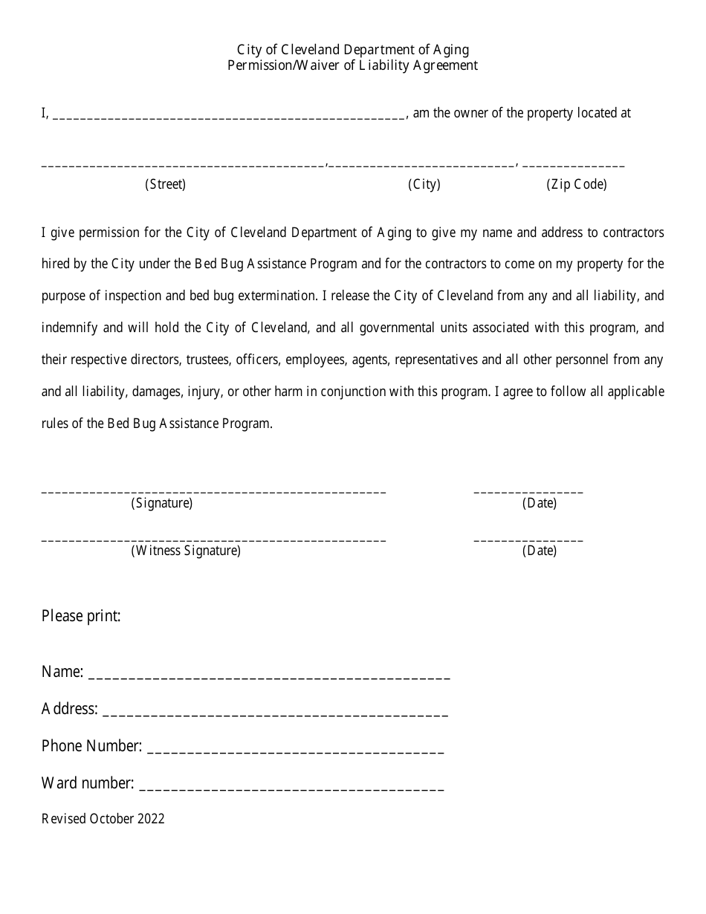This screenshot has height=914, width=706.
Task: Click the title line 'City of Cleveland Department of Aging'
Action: click(x=353, y=50)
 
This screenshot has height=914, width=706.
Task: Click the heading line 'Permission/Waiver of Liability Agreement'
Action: click(x=353, y=65)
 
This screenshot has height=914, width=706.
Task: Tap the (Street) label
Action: click(x=165, y=184)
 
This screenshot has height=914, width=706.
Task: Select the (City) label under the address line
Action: click(x=424, y=184)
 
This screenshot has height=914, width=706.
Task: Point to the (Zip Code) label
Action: click(x=577, y=184)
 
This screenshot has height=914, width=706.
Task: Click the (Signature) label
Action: click(x=162, y=503)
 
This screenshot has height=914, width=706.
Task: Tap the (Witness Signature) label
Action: click(x=186, y=551)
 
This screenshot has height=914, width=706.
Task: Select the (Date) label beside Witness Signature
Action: click(x=540, y=551)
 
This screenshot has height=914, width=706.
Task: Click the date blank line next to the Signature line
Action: click(x=528, y=491)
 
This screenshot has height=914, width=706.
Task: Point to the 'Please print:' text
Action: click(x=81, y=616)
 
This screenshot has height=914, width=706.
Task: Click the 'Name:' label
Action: click(x=62, y=672)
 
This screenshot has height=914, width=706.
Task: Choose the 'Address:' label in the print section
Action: click(x=70, y=709)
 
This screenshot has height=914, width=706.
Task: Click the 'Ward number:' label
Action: click(x=88, y=783)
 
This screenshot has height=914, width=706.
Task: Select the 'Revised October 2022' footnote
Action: click(x=103, y=819)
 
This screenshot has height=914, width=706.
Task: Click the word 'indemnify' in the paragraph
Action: click(x=66, y=328)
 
